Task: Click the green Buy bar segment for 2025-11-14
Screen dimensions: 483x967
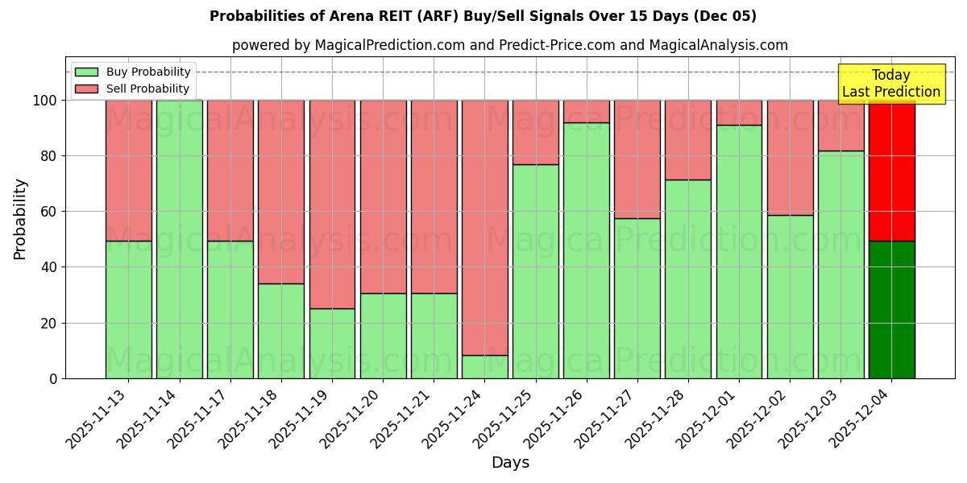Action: tap(179, 239)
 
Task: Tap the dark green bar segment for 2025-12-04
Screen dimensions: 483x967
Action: tap(891, 310)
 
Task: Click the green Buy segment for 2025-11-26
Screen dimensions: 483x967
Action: tap(587, 250)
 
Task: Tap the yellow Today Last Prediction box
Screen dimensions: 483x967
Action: tap(891, 84)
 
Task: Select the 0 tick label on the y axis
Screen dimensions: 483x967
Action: tap(52, 379)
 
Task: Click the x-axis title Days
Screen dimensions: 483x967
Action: tap(510, 463)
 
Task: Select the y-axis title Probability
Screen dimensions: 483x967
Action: tap(20, 218)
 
